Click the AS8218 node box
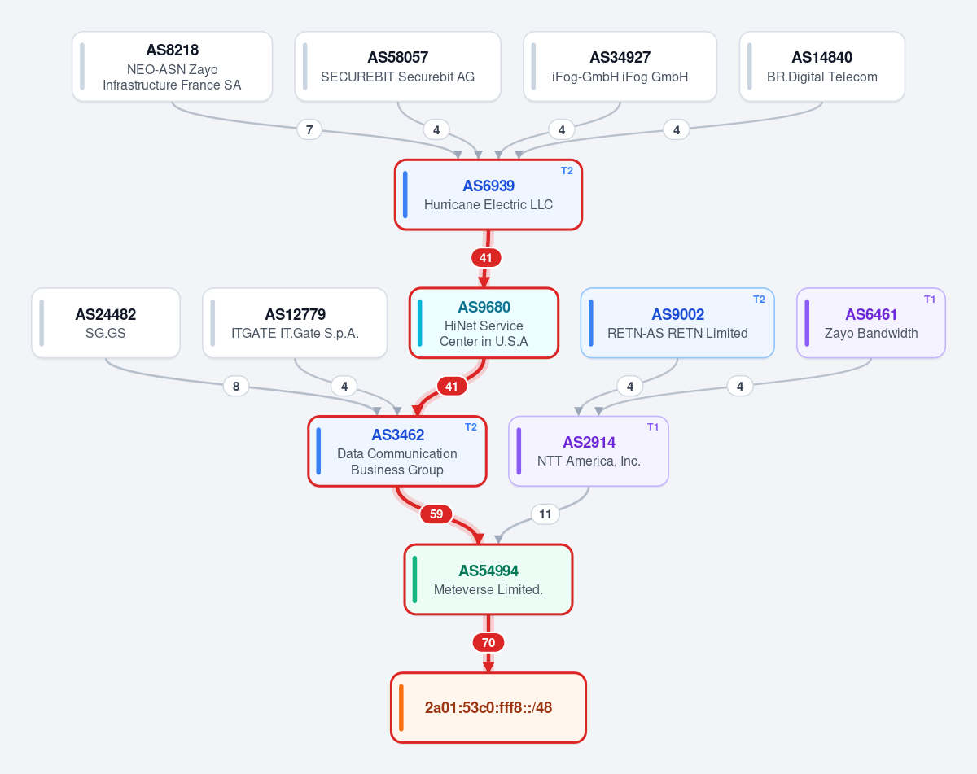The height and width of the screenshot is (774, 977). click(172, 66)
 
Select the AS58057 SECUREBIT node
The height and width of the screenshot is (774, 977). click(397, 66)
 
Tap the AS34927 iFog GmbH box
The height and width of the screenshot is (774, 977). click(620, 66)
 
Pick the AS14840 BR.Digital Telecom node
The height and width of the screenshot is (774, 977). click(822, 66)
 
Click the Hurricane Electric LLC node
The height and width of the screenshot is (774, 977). click(488, 195)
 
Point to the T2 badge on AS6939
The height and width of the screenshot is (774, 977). click(567, 171)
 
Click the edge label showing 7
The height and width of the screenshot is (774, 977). click(309, 130)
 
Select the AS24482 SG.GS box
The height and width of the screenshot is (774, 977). click(106, 323)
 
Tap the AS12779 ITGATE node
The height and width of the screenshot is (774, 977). click(295, 323)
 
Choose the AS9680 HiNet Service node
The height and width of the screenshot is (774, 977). click(484, 323)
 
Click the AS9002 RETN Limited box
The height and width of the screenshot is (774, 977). click(678, 323)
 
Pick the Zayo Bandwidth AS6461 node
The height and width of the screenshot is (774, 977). click(871, 323)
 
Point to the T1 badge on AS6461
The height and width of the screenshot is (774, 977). click(930, 300)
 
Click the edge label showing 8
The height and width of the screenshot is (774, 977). click(236, 387)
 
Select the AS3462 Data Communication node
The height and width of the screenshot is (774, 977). click(397, 451)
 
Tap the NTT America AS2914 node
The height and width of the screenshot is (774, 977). click(589, 451)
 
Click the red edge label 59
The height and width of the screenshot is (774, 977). click(436, 514)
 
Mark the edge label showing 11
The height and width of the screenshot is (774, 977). click(545, 514)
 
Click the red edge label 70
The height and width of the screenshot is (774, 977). click(488, 643)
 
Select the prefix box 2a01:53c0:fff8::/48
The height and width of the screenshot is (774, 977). click(488, 708)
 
